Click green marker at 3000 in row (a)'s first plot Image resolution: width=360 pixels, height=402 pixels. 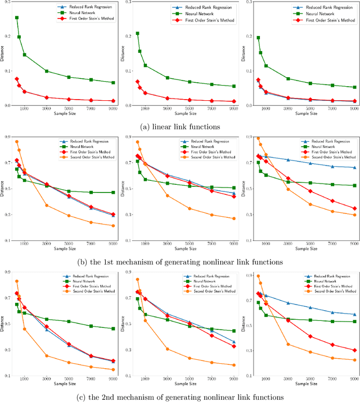(x=47, y=71)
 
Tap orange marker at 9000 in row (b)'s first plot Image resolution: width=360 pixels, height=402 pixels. (x=113, y=226)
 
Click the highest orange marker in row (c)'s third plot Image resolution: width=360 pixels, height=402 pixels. (x=258, y=276)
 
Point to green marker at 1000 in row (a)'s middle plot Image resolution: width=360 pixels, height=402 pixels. (x=145, y=65)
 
